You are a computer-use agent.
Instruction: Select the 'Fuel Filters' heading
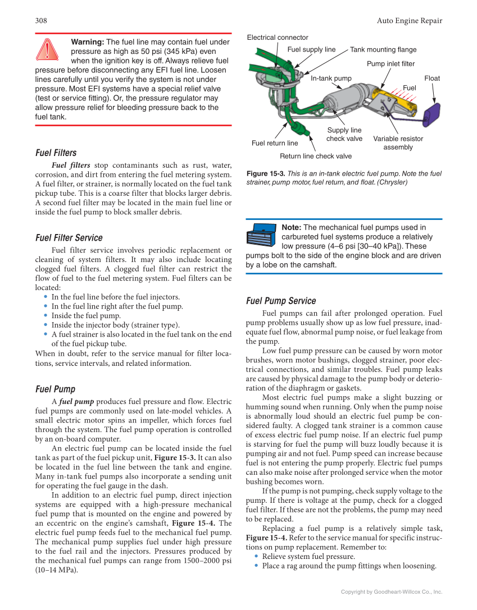pos(56,153)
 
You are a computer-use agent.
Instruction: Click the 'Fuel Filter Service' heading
pos(69,237)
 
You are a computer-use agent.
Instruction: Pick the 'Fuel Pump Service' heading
pos(281,300)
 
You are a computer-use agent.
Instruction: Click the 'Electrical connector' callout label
pos(278,38)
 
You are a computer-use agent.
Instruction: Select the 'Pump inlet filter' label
pos(390,64)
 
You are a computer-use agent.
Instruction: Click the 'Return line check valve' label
pos(316,156)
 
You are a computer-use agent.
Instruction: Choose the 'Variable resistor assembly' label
pos(398,143)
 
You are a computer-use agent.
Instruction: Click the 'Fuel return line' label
pos(275,143)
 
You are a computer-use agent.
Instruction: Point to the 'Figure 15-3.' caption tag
pos(266,174)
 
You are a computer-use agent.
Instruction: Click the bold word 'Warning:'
pos(88,42)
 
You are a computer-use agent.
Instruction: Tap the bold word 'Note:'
pos(292,227)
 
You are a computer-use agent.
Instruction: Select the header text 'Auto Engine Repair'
pos(409,21)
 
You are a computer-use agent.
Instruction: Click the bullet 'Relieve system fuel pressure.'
pos(308,556)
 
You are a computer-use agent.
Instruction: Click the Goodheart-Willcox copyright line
pos(392,591)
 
